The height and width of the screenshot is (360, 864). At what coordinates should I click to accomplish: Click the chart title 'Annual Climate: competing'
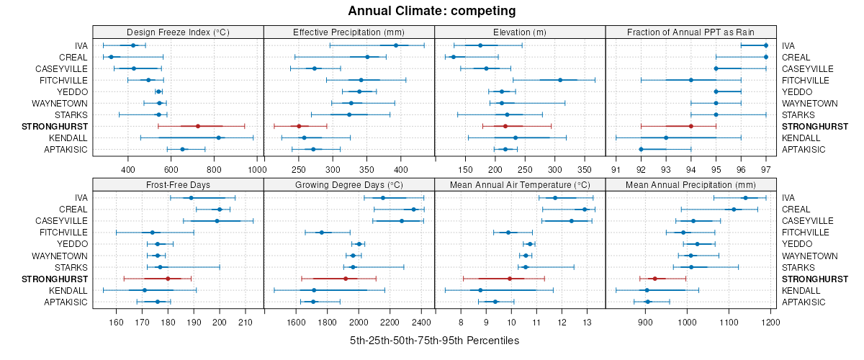pyautogui.click(x=431, y=11)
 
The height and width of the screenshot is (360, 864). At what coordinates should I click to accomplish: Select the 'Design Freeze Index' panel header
pyautogui.click(x=178, y=32)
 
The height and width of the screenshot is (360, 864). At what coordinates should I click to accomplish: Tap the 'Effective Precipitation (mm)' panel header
pyautogui.click(x=349, y=32)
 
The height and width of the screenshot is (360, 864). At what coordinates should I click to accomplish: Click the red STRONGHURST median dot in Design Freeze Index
pyautogui.click(x=198, y=126)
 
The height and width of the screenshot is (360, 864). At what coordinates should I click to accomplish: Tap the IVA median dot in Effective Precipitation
pyautogui.click(x=396, y=45)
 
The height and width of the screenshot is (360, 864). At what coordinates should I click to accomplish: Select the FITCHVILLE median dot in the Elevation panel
pyautogui.click(x=560, y=80)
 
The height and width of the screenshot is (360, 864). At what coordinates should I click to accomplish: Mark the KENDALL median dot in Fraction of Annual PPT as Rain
pyautogui.click(x=666, y=138)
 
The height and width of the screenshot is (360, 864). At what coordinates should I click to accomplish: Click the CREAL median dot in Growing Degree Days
pyautogui.click(x=414, y=210)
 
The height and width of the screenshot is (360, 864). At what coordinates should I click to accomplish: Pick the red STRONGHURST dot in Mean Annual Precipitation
pyautogui.click(x=654, y=279)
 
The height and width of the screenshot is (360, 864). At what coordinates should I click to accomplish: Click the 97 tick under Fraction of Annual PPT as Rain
pyautogui.click(x=765, y=169)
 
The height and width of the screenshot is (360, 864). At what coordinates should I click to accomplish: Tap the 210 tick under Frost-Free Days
pyautogui.click(x=246, y=322)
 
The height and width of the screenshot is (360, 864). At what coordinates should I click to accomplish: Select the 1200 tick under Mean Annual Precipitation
pyautogui.click(x=770, y=322)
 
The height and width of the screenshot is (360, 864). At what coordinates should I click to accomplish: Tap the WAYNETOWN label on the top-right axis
pyautogui.click(x=810, y=103)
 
